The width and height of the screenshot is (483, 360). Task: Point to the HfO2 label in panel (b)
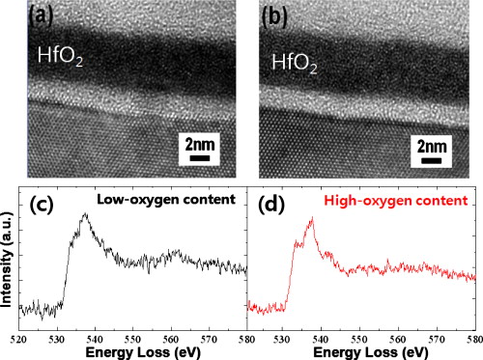(x=294, y=64)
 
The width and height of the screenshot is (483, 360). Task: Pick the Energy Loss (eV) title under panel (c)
(x=132, y=348)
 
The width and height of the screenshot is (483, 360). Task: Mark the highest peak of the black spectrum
(x=85, y=215)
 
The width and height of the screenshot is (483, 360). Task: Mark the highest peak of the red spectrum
(x=311, y=219)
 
